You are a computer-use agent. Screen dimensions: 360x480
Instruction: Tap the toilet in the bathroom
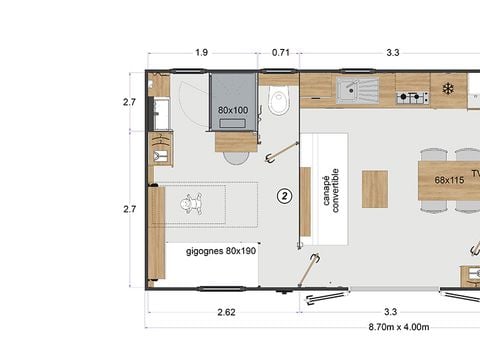click(279, 98)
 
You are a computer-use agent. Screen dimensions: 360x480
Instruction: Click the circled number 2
click(284, 196)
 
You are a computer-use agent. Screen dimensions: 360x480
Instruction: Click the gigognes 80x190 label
click(221, 251)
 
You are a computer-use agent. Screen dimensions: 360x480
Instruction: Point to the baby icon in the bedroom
click(191, 205)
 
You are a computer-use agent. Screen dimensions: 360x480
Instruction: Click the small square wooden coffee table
click(374, 188)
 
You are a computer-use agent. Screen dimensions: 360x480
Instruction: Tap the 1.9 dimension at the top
click(202, 52)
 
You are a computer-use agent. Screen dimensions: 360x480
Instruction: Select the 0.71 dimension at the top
click(280, 52)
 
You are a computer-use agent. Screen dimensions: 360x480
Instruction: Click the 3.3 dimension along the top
click(393, 52)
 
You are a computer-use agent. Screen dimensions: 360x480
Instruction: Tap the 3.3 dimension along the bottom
click(391, 313)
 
